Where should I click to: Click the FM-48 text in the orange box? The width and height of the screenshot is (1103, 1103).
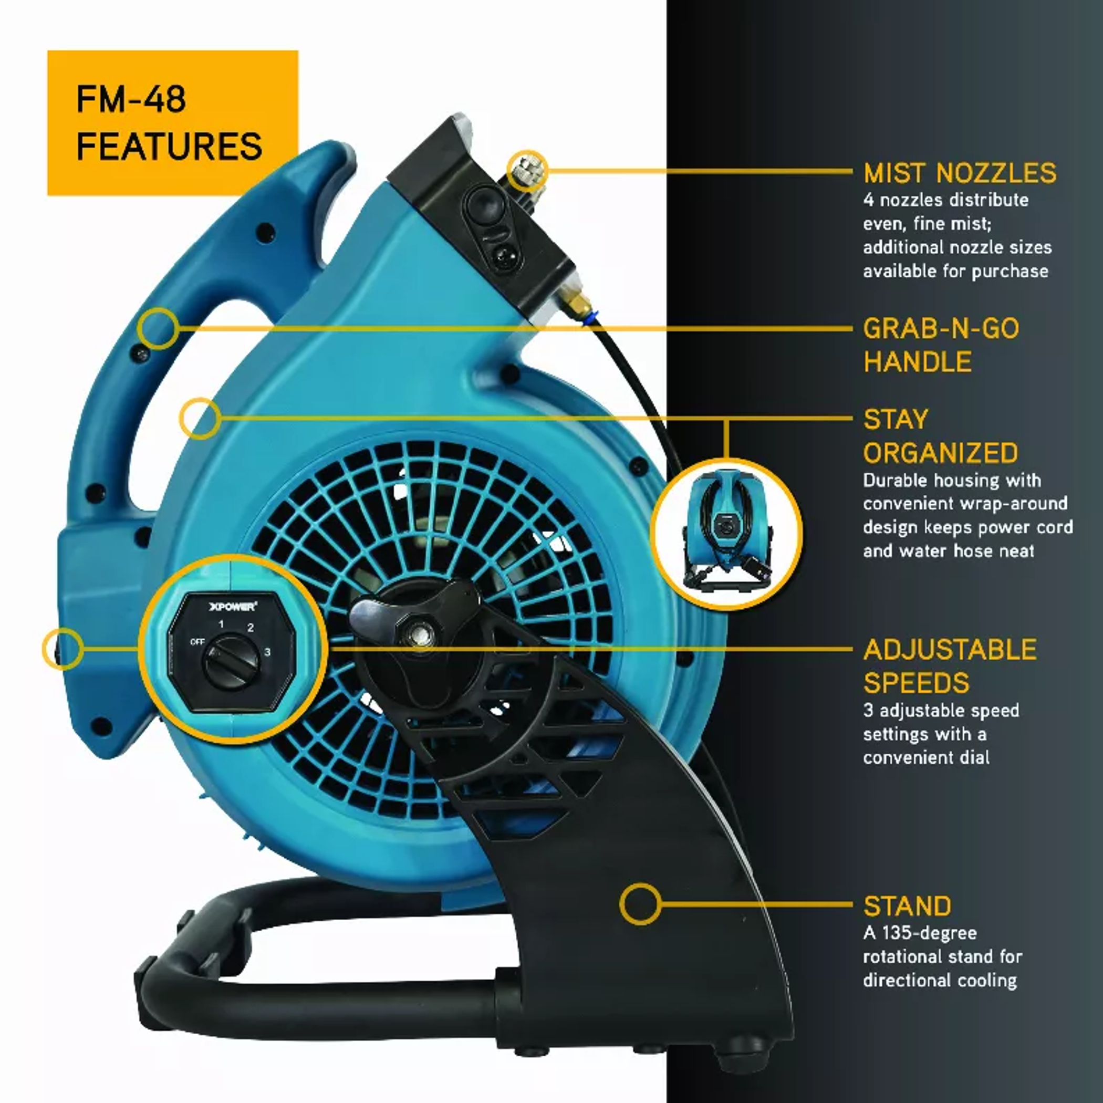point(131,99)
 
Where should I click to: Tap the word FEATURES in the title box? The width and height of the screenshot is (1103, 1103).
point(169,146)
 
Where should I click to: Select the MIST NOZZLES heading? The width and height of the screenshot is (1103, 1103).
point(960,173)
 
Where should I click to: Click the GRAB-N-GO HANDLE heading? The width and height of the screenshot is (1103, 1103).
point(941,345)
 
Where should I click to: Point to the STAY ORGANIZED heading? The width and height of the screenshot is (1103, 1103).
point(940,436)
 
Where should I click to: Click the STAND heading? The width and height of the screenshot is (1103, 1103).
point(907,906)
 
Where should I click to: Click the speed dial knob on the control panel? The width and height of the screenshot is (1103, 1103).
point(231,662)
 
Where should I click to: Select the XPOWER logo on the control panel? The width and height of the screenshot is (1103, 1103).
point(232,606)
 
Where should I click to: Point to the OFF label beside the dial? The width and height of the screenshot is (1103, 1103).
point(197,642)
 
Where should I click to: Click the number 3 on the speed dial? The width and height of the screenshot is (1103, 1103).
point(267,652)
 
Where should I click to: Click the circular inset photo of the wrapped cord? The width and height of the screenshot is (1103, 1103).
point(726,534)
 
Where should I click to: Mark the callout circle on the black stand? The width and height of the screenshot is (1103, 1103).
point(640,904)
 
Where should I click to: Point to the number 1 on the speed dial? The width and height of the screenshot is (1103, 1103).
point(222,624)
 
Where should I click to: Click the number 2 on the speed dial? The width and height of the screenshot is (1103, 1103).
point(250,628)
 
